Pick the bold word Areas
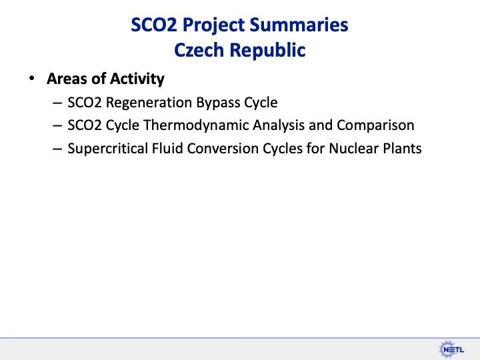(x=67, y=79)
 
